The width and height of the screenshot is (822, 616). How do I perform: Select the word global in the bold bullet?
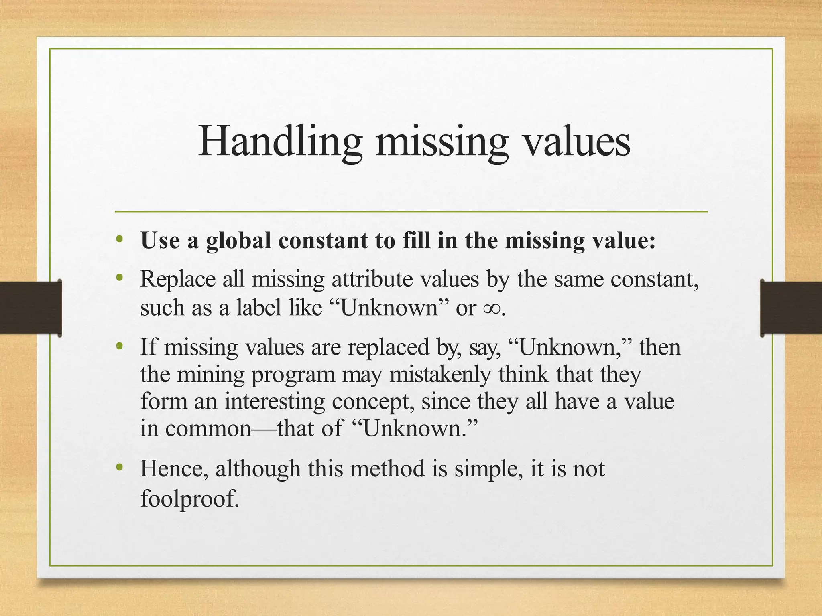[238, 241]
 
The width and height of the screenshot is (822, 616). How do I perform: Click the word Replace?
[178, 279]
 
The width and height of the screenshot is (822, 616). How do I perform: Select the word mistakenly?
[440, 375]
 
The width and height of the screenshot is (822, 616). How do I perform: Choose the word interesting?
[275, 401]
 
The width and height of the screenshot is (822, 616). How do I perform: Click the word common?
[208, 428]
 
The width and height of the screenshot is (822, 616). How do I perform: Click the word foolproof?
[189, 499]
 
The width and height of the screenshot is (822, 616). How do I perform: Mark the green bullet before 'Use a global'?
[119, 240]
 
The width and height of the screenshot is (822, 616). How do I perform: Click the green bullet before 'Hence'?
[119, 467]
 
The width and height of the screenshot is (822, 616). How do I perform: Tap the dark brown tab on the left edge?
[31, 308]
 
